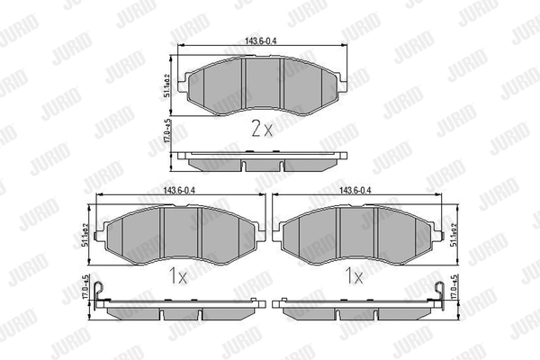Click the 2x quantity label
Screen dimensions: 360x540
(x=261, y=129)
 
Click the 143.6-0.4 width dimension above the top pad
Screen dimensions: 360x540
(x=262, y=40)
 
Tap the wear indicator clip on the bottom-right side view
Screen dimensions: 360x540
(x=438, y=289)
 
